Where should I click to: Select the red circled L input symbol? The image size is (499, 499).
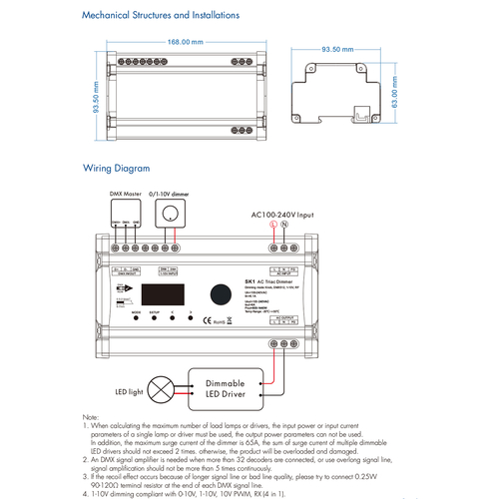tap(272, 226)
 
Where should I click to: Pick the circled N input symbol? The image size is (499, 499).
tap(284, 226)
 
